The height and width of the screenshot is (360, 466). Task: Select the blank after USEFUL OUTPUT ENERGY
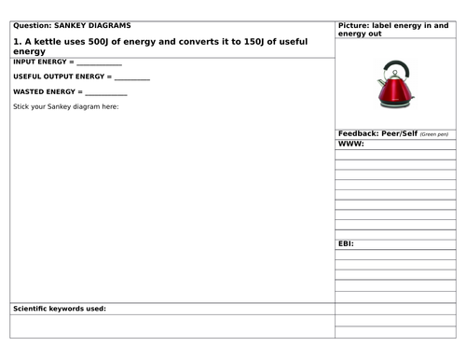[131, 78]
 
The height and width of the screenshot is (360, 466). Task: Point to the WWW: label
[350, 145]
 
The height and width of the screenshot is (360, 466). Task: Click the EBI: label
[346, 243]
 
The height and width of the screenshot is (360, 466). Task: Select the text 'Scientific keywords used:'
[59, 308]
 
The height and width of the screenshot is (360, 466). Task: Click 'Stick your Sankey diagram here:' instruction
[66, 106]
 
